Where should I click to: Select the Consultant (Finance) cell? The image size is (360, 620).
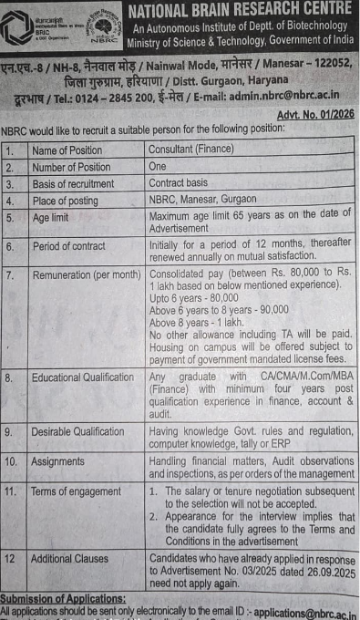coord(191,149)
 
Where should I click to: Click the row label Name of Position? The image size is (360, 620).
coord(67,150)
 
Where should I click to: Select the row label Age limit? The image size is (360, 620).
coord(54,219)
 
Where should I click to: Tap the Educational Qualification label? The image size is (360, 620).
coord(82,377)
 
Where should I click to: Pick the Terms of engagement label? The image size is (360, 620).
coord(76,491)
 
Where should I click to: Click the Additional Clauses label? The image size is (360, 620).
coord(69,558)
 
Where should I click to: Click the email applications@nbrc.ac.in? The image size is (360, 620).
coord(305,613)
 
